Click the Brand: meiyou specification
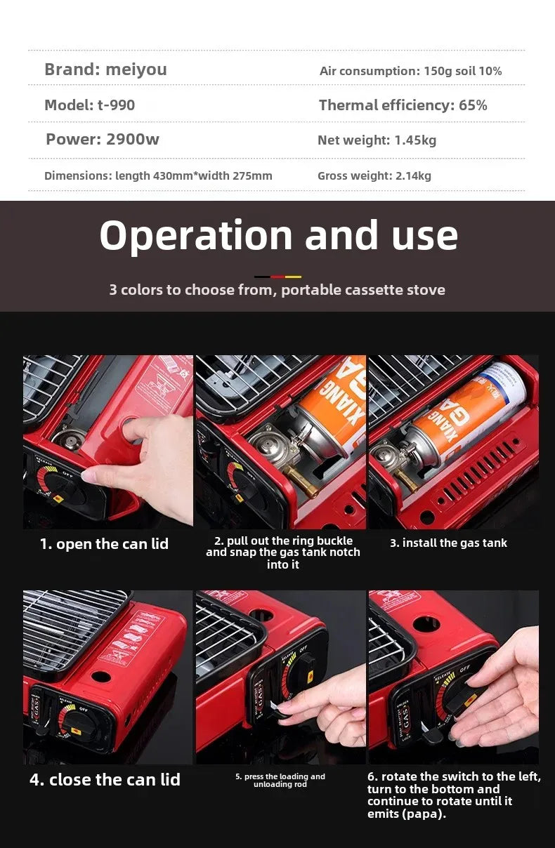105,69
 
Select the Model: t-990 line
89,105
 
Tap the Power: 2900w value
103,139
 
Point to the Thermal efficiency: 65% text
403,105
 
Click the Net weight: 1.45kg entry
377,140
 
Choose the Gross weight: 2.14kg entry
374,175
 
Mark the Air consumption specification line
410,71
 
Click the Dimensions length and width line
158,175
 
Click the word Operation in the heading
195,236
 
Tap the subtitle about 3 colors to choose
277,289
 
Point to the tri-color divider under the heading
277,277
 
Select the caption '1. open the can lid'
104,544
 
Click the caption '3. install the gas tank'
448,543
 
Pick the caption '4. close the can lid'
105,779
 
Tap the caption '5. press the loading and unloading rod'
280,780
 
